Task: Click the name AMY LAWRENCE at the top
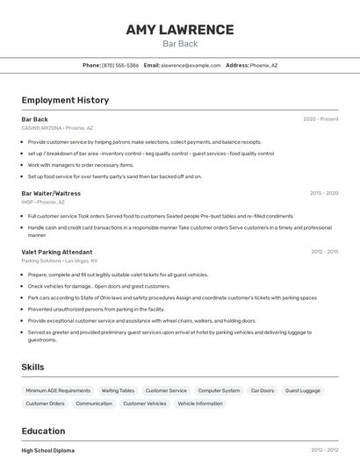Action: pos(180,30)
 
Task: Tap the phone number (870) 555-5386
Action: pos(120,65)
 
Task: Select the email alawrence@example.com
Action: pos(191,65)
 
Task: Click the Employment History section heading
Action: pos(65,100)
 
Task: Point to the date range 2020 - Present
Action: pos(320,119)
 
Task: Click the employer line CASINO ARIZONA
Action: pos(57,128)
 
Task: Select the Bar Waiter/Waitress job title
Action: pos(51,193)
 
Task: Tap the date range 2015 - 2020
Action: pos(324,193)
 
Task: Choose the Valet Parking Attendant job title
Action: pos(57,252)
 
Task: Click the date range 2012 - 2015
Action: pos(324,252)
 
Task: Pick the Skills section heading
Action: pos(32,367)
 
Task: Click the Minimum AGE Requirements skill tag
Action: pos(58,390)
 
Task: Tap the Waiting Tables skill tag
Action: pos(118,390)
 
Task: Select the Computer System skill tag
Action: pos(219,390)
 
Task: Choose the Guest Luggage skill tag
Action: pos(303,390)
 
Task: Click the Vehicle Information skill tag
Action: pos(200,404)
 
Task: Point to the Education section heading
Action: pos(43,431)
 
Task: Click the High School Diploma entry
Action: pos(48,450)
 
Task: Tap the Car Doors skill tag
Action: pos(263,390)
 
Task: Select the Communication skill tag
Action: pos(94,404)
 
